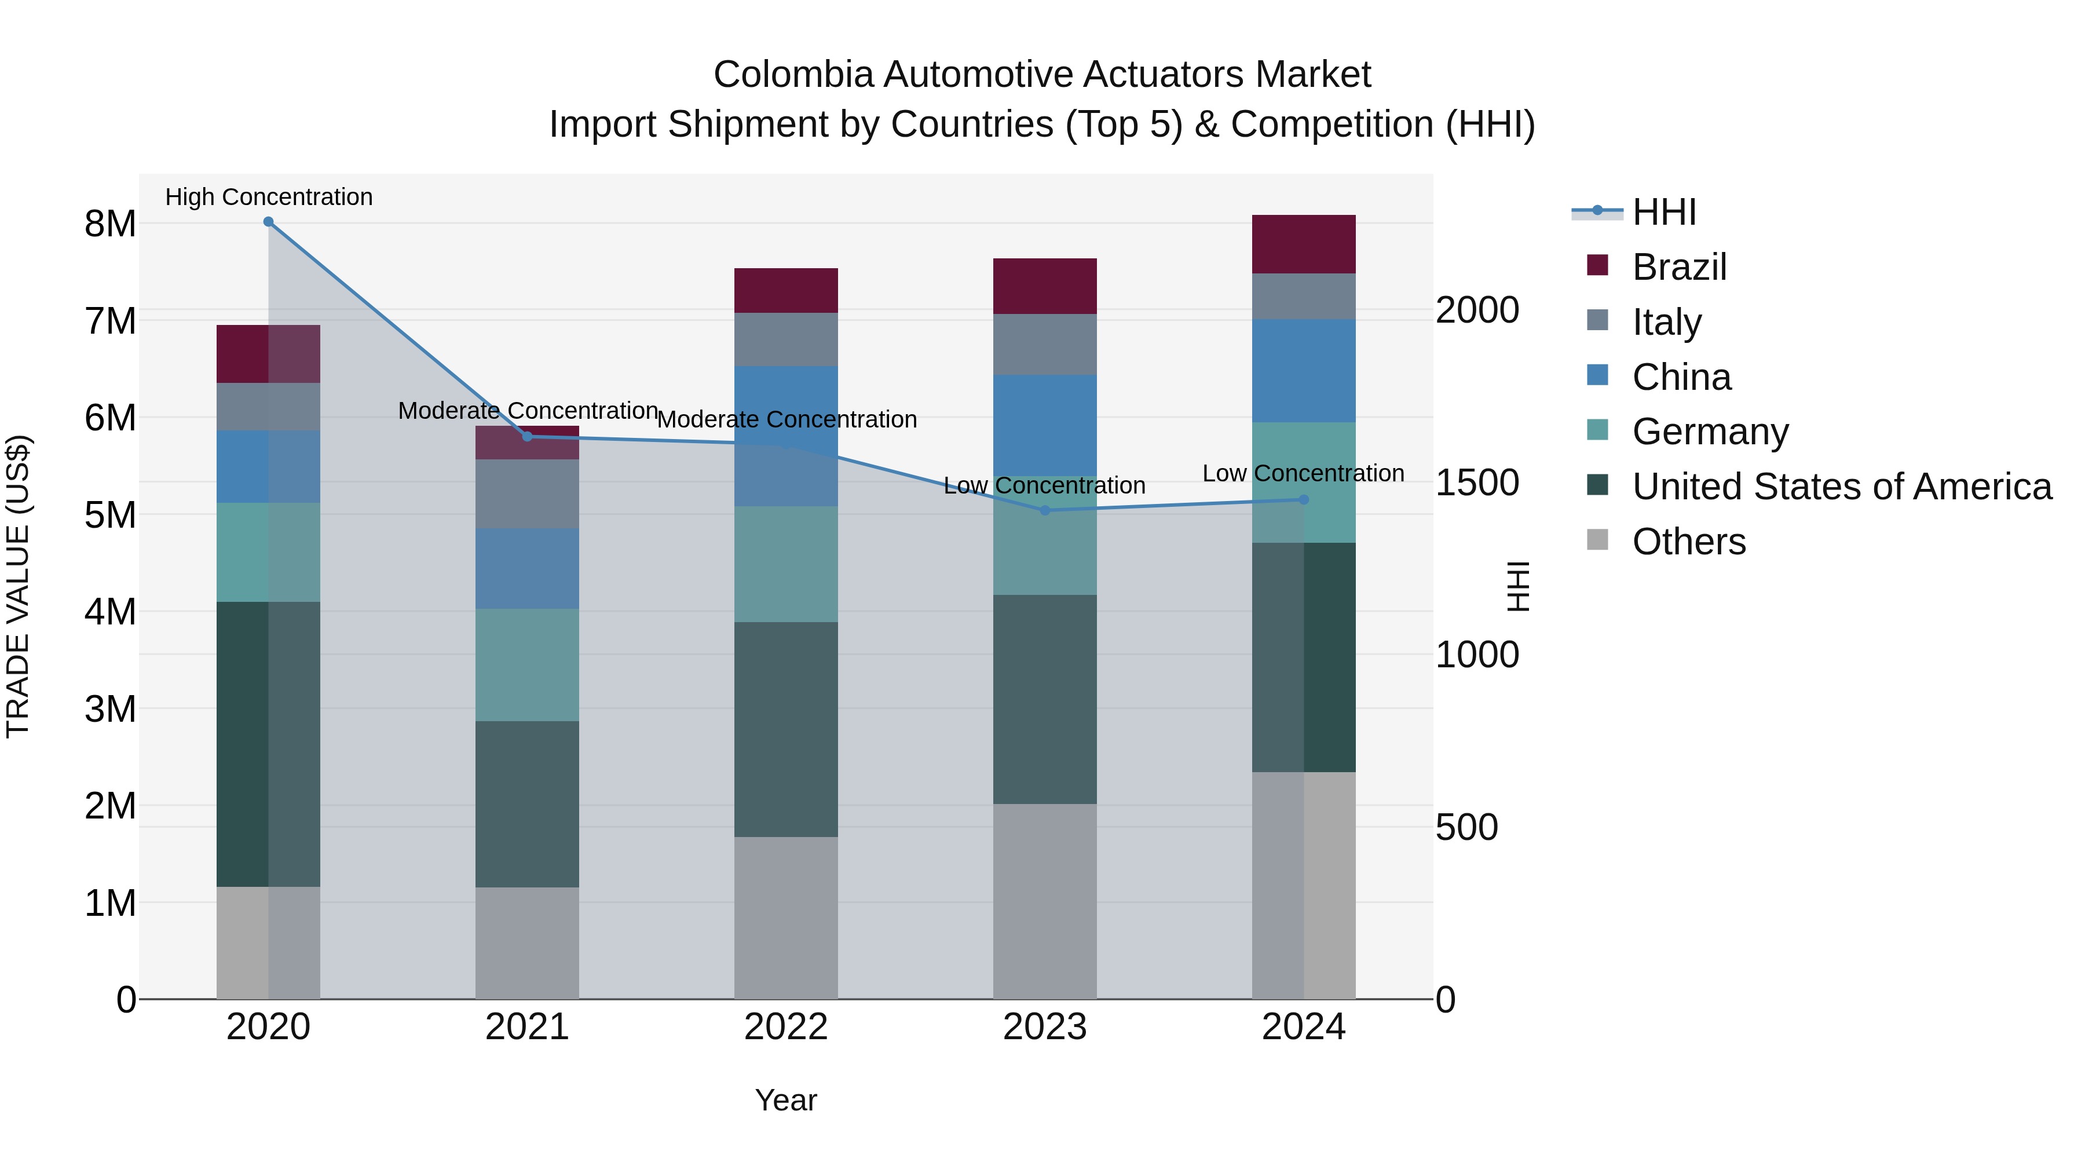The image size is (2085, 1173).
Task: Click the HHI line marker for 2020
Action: [x=269, y=222]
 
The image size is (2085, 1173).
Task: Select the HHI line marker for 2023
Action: [x=1044, y=511]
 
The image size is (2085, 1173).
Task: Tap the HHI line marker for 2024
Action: [x=1303, y=500]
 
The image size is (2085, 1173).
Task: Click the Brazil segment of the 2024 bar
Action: [x=1303, y=244]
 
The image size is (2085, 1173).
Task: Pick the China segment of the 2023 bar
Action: [x=1044, y=425]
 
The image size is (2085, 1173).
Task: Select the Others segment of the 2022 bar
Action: [x=786, y=918]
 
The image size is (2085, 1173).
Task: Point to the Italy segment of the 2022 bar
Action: [x=786, y=339]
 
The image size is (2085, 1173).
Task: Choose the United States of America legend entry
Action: [x=1841, y=487]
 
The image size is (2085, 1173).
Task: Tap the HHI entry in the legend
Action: [x=1663, y=212]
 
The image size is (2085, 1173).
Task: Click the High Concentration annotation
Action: [x=269, y=197]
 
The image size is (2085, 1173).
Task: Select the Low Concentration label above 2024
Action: [x=1303, y=474]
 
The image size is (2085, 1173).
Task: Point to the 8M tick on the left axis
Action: [x=110, y=224]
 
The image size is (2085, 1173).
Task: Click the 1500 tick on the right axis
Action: [x=1477, y=483]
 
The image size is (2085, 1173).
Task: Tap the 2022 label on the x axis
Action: [x=786, y=1027]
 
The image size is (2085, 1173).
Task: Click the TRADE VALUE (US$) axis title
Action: [x=18, y=586]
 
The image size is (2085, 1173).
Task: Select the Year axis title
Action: [x=786, y=1100]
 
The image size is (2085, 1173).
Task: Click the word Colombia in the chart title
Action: [x=793, y=75]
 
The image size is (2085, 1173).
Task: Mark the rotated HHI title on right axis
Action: [x=1519, y=586]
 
